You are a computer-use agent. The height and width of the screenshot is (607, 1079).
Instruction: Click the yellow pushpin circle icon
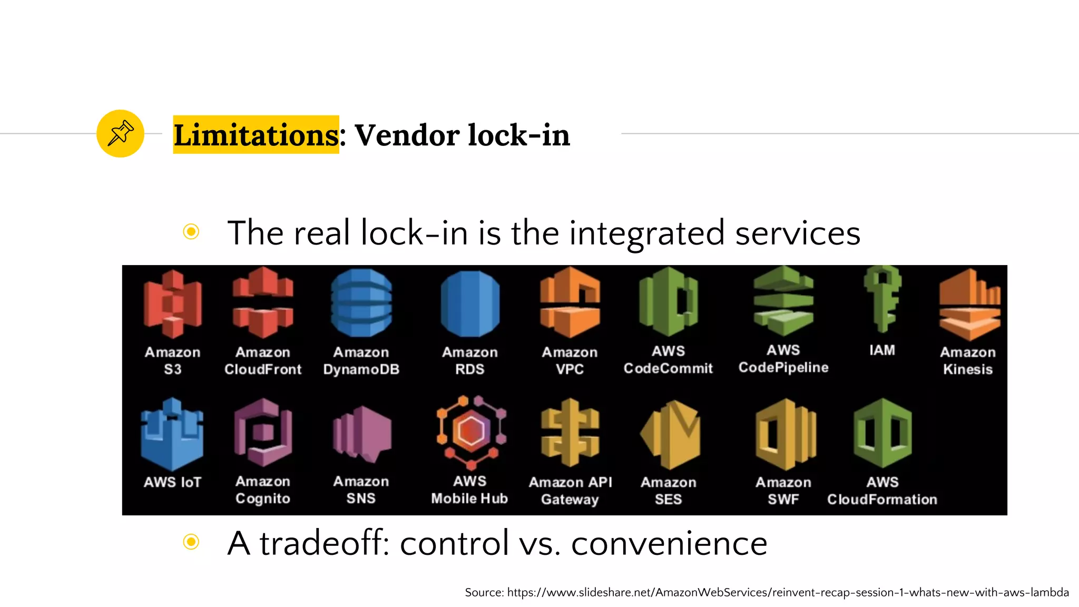pos(120,133)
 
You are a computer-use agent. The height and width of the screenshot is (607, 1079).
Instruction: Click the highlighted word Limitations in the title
pos(256,135)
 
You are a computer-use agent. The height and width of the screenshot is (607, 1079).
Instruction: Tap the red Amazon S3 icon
pos(172,304)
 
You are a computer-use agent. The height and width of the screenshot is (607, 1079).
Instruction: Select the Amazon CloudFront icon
pos(263,302)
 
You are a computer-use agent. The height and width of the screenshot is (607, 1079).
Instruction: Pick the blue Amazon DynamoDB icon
pos(361,303)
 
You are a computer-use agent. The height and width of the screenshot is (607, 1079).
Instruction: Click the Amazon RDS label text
pos(469,360)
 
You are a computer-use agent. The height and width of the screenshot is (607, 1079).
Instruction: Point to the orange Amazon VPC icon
pos(570,302)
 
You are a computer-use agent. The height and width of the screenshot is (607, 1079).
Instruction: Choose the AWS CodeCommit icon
pos(668,302)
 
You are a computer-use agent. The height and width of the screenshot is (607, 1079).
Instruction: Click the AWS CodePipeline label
pos(783,359)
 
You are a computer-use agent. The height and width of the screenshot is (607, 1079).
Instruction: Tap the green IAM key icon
pos(882,299)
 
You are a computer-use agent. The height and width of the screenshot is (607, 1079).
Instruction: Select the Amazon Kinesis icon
pos(969,304)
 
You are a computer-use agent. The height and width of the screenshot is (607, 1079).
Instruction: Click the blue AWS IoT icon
pos(172,435)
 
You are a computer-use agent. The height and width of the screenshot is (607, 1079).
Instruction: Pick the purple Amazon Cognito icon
pos(263,433)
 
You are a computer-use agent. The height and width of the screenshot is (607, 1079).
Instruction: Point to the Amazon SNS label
pos(361,489)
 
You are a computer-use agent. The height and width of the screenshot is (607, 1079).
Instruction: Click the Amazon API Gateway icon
pos(570,433)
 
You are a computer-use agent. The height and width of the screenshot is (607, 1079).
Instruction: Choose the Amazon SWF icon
pos(785,434)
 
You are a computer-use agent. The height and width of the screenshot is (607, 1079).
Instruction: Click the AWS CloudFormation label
pos(882,491)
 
